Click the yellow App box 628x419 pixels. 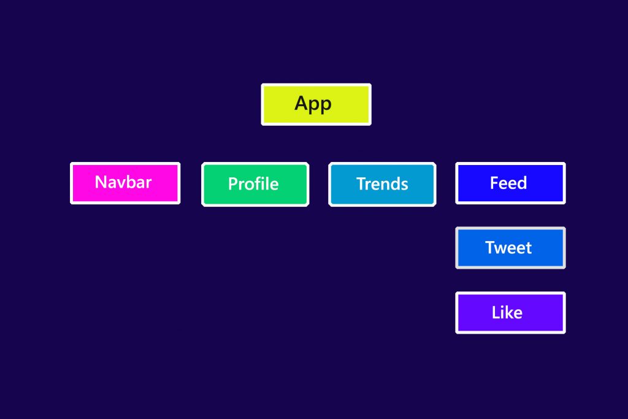click(316, 104)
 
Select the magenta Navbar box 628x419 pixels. click(125, 183)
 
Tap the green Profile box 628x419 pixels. click(255, 184)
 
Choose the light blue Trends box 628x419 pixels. click(382, 184)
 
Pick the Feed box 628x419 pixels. click(510, 183)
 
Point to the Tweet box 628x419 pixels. click(510, 248)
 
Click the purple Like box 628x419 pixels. click(510, 312)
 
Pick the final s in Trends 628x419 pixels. click(405, 185)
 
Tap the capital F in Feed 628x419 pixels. click(494, 183)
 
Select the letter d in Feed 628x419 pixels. click(522, 183)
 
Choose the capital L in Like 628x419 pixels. click(496, 312)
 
